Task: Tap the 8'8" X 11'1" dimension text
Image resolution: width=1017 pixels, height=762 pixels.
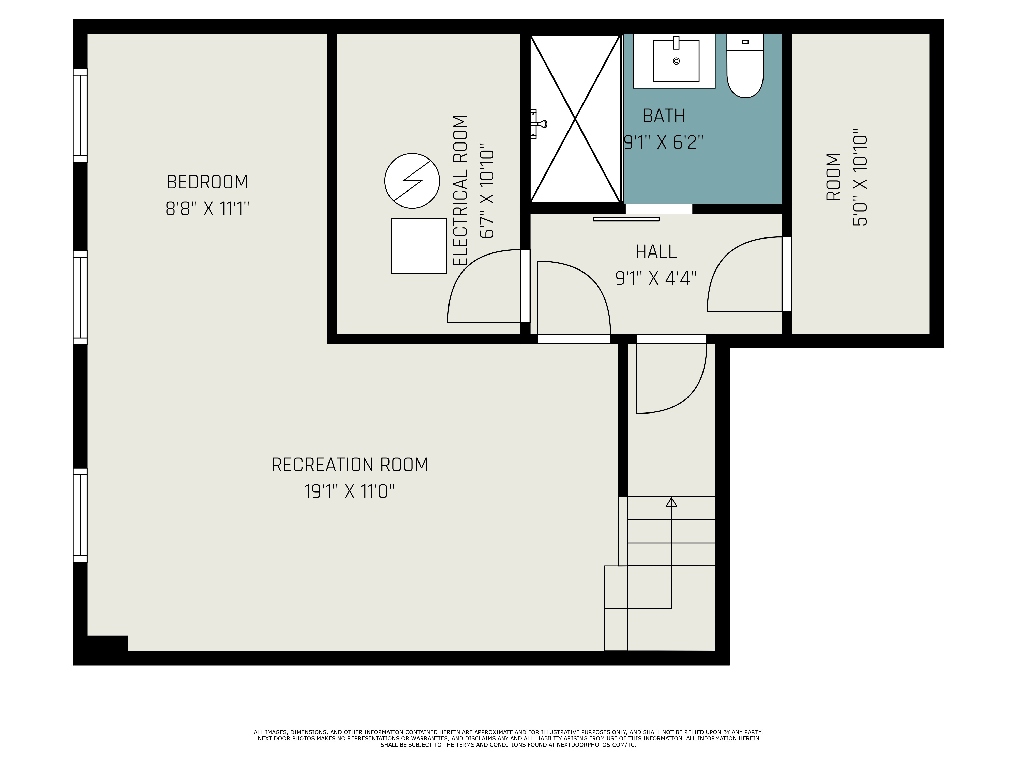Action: pyautogui.click(x=207, y=209)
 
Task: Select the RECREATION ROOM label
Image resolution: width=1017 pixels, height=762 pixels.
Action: pyautogui.click(x=350, y=465)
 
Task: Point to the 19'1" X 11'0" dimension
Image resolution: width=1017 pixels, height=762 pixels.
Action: pyautogui.click(x=350, y=491)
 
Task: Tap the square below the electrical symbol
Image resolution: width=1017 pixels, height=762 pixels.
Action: pyautogui.click(x=419, y=246)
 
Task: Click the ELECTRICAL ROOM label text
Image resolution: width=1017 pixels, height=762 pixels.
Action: pyautogui.click(x=460, y=190)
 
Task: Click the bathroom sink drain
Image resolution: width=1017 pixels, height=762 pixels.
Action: pyautogui.click(x=676, y=61)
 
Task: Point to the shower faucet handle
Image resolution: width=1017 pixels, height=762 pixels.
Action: pyautogui.click(x=538, y=123)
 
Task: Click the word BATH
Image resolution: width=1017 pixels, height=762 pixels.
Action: pyautogui.click(x=663, y=116)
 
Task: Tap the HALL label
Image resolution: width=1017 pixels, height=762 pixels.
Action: pyautogui.click(x=656, y=252)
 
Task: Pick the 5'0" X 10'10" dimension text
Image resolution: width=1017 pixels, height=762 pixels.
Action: pyautogui.click(x=860, y=180)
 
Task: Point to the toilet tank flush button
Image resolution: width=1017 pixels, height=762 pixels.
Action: pyautogui.click(x=745, y=42)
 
